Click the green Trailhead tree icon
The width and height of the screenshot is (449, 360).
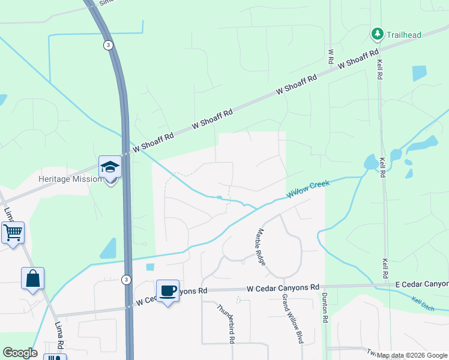point(378,34)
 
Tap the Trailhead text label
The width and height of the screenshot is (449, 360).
point(405,34)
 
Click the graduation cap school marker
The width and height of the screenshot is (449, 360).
point(110,167)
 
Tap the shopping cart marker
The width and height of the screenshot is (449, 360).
point(13,232)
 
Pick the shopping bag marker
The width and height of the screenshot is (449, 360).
point(33,279)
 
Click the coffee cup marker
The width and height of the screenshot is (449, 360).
point(168,291)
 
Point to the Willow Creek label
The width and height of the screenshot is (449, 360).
point(308,189)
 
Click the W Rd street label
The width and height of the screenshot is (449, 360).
point(330,56)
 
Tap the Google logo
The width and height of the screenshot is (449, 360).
point(20,353)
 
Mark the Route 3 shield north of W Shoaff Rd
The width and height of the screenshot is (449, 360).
point(107,45)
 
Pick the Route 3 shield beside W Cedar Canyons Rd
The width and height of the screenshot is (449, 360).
point(125,280)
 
